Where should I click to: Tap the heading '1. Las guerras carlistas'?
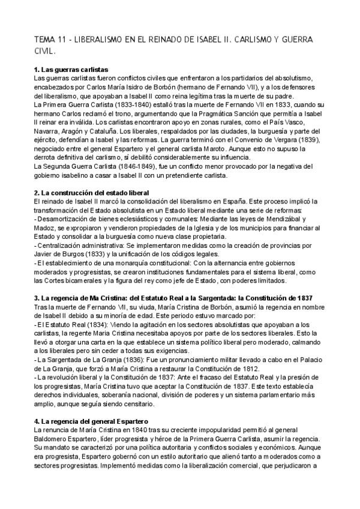71,70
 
